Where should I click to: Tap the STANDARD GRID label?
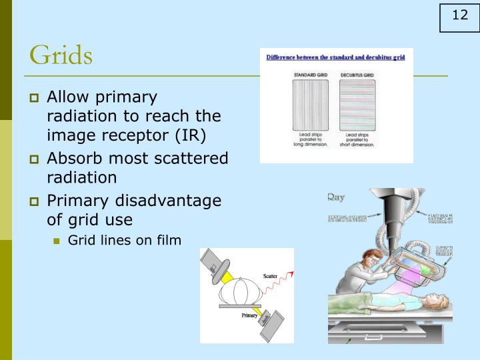(308, 75)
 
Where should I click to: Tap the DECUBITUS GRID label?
(357, 75)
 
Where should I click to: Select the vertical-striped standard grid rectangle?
(308, 104)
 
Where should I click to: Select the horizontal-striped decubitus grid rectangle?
(357, 104)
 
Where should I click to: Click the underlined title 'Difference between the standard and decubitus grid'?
(335, 57)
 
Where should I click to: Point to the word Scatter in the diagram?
(270, 275)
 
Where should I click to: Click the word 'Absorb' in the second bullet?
(71, 159)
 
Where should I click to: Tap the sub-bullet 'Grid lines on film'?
(124, 240)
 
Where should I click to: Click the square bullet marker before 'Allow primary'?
(35, 98)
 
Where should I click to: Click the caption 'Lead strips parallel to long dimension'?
(308, 139)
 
